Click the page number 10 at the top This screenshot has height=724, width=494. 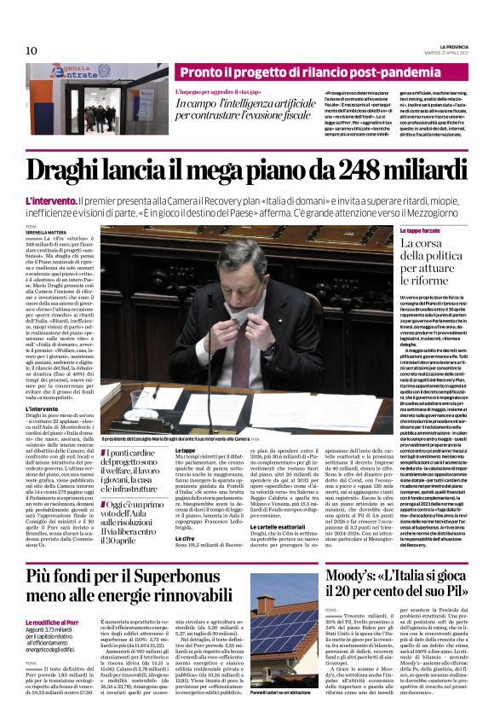(x=32, y=50)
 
